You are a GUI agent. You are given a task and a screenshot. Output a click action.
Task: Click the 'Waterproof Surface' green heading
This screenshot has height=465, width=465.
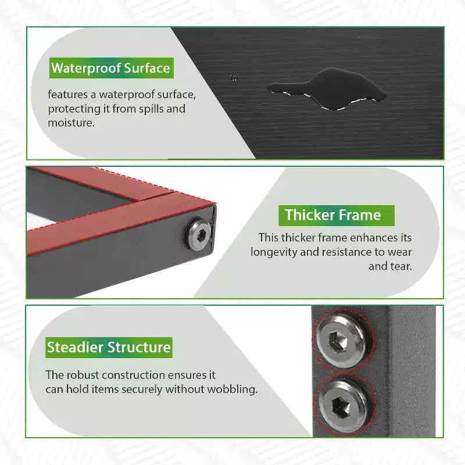click(x=111, y=68)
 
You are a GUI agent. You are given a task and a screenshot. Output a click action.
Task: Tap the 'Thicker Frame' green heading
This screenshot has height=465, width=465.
click(x=337, y=215)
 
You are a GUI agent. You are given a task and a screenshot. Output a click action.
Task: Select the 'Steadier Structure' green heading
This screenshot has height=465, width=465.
click(x=109, y=347)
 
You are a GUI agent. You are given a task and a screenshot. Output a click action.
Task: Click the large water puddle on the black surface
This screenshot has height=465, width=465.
click(x=327, y=88)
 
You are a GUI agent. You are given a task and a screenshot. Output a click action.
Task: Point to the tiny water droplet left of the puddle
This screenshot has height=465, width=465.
click(x=234, y=78)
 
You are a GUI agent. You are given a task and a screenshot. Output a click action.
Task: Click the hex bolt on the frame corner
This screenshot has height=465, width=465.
click(x=199, y=234)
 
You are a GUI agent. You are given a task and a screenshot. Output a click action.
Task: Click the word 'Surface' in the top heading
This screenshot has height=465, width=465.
click(x=147, y=68)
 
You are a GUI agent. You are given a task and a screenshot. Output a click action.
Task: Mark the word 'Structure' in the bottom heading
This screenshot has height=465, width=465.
click(x=139, y=347)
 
